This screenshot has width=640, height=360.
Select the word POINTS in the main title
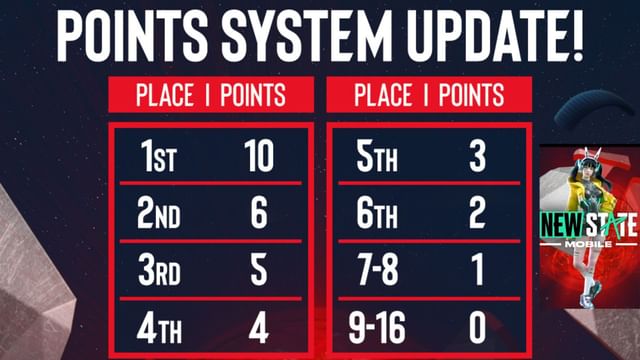click(132, 37)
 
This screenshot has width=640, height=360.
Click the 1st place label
click(160, 157)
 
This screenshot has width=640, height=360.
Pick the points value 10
click(259, 157)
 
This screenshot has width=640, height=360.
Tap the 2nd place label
click(160, 213)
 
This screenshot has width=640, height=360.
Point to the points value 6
click(259, 213)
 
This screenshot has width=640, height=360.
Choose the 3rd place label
click(160, 271)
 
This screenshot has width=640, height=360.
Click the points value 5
click(259, 271)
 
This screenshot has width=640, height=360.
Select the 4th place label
click(160, 328)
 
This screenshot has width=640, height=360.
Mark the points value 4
click(259, 328)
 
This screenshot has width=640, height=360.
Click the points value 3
click(479, 157)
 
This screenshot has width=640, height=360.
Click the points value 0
click(479, 328)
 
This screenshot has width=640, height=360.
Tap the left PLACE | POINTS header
click(211, 96)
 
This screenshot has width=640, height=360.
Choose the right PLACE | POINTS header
click(429, 96)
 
